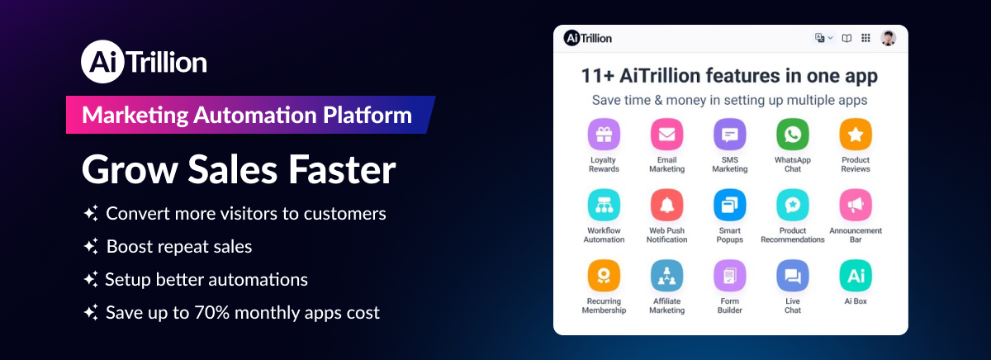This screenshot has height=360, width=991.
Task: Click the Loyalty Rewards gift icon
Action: point(604,134)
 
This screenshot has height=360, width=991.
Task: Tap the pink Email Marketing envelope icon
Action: point(666,134)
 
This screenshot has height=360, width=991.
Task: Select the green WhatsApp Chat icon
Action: point(792,134)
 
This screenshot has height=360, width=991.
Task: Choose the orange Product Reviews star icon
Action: point(856,134)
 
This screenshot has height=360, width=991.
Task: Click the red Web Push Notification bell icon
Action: point(666,205)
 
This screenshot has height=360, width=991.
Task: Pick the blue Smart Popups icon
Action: point(729,205)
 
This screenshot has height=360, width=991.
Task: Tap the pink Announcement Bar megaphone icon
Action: point(856,205)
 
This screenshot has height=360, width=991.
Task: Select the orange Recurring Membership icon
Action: point(604,276)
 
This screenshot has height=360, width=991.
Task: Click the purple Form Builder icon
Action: point(729,276)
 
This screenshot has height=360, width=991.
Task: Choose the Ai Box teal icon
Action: point(856,276)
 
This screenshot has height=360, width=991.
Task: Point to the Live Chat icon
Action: point(792,276)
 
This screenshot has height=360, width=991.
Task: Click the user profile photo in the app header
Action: point(889,38)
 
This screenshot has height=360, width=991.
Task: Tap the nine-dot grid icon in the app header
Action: point(865,38)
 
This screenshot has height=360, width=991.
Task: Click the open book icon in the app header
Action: point(846,38)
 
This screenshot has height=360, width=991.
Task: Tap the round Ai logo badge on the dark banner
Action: point(100,63)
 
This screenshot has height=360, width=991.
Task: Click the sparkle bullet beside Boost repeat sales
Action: point(91,247)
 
